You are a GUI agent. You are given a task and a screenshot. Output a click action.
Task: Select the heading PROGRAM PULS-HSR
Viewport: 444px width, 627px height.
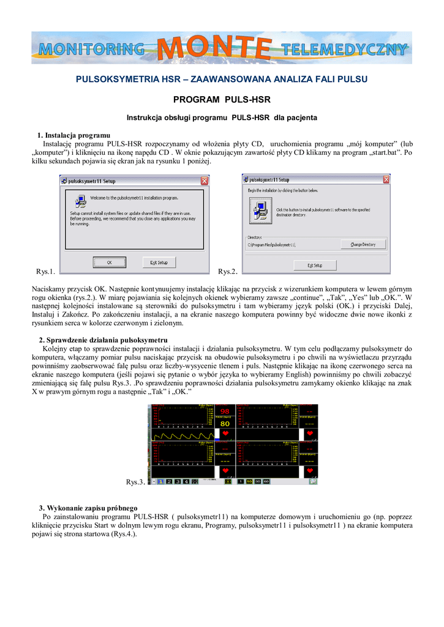(222, 99)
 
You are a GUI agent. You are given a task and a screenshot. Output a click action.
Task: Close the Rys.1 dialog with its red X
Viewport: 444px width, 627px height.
(204, 181)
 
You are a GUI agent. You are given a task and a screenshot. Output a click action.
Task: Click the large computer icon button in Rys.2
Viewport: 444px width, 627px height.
(260, 211)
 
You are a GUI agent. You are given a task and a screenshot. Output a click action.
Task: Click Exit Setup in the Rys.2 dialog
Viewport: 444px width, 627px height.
(315, 265)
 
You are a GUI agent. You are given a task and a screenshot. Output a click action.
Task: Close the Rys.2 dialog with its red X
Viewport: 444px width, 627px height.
(386, 179)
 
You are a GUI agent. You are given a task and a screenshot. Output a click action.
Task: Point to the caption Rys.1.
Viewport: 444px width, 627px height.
(46, 271)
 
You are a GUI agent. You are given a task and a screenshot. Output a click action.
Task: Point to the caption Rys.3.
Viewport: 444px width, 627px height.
(135, 482)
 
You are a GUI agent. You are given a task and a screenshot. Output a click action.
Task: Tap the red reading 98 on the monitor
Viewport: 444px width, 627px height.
(225, 411)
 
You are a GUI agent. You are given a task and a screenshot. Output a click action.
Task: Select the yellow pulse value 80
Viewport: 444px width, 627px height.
(225, 423)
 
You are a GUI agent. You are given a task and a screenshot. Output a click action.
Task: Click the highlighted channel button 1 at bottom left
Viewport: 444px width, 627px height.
(161, 482)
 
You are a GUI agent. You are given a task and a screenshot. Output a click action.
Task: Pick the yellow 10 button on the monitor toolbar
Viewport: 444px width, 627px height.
(249, 482)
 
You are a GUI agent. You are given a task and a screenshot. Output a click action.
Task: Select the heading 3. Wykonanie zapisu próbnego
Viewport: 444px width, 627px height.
(88, 508)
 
